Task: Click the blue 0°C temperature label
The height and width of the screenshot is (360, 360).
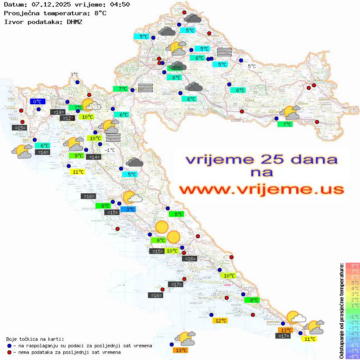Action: click(38, 102)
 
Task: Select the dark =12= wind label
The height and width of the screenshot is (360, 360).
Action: click(67, 118)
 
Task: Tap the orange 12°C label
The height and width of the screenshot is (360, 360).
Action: click(220, 321)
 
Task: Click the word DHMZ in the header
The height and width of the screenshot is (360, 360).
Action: click(74, 21)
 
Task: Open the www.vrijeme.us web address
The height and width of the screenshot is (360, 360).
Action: click(261, 190)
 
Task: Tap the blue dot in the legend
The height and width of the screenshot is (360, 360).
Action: click(10, 346)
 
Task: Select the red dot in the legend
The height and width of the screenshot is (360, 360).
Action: click(10, 352)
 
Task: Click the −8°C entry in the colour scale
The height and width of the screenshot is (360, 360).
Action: click(353, 357)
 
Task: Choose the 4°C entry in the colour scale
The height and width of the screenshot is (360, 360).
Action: click(353, 288)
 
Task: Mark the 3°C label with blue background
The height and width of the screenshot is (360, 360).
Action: click(130, 209)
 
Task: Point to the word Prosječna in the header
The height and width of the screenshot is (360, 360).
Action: click(21, 13)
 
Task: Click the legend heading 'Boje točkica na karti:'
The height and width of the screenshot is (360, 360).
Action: click(35, 339)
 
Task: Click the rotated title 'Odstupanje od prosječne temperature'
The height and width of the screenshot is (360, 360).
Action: click(341, 310)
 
